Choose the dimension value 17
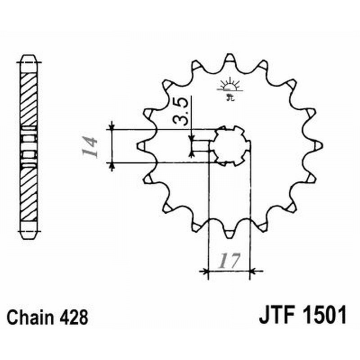click(x=229, y=261)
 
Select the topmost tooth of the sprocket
click(x=229, y=58)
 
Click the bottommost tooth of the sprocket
click(x=229, y=233)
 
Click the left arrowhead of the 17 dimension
click(x=206, y=271)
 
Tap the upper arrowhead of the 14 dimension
click(x=112, y=126)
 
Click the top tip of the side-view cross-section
click(x=28, y=58)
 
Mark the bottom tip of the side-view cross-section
click(x=28, y=234)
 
